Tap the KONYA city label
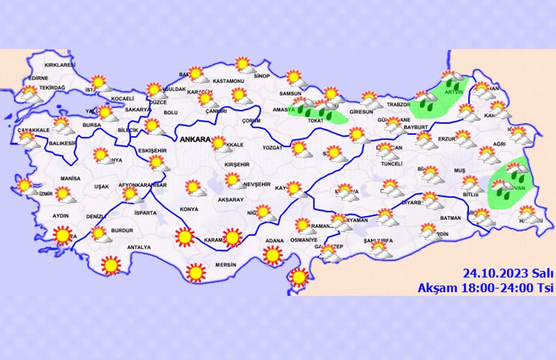click(188, 209)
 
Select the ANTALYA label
click(139, 247)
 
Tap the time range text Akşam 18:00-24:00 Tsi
click(486, 287)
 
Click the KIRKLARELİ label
click(60, 65)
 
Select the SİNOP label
click(262, 76)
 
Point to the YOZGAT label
click(271, 148)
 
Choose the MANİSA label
click(69, 178)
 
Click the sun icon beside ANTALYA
click(112, 265)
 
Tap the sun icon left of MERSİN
click(194, 272)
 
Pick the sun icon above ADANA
click(273, 254)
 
